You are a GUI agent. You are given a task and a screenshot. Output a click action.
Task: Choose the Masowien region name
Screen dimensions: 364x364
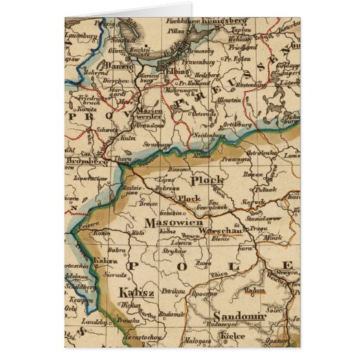(x=170, y=223)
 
